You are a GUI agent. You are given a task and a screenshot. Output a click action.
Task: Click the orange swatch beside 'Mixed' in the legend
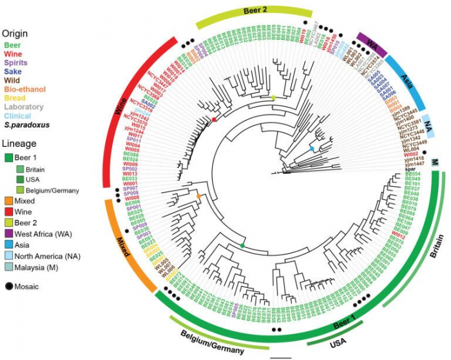pyautogui.click(x=8, y=200)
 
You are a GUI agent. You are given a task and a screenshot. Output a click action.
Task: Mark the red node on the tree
pyautogui.click(x=214, y=120)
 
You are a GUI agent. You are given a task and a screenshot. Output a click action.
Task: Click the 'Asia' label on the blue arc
pyautogui.click(x=407, y=84)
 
